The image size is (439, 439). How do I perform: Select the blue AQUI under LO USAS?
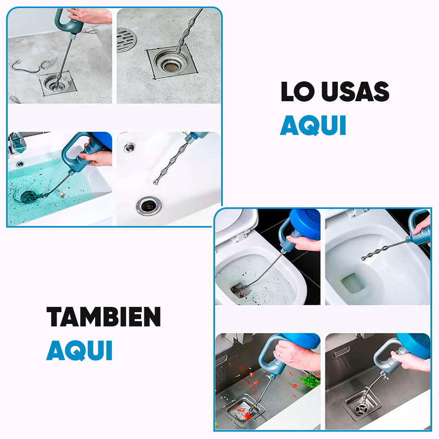[x=313, y=126]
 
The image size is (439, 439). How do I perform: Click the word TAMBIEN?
[x=104, y=317]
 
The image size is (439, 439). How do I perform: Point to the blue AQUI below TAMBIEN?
[x=79, y=351]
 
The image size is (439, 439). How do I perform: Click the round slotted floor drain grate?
[x=126, y=39]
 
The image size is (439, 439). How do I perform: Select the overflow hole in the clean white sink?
[x=129, y=148]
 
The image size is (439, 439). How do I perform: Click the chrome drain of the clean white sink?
[x=149, y=205]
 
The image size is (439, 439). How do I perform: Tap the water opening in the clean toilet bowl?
[x=352, y=283]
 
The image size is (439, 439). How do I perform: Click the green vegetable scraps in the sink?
[x=310, y=381]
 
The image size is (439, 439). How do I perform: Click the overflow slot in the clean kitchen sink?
[x=341, y=353]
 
